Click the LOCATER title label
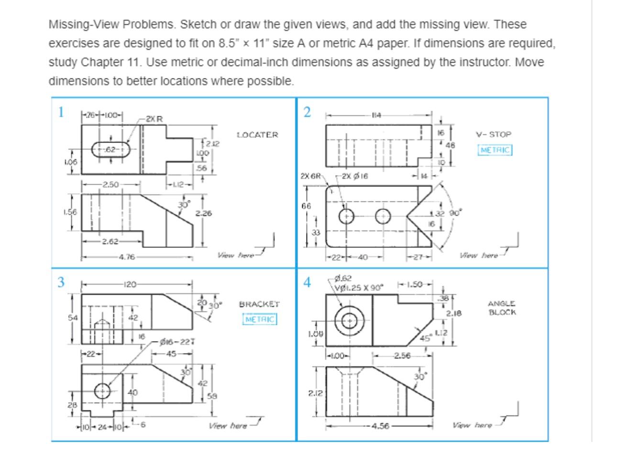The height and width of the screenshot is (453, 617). pyautogui.click(x=257, y=135)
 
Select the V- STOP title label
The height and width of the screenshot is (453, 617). pyautogui.click(x=494, y=134)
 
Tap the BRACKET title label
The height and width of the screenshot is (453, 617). pyautogui.click(x=259, y=304)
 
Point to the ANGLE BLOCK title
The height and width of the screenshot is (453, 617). pyautogui.click(x=502, y=308)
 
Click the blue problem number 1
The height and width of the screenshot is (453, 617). pyautogui.click(x=61, y=112)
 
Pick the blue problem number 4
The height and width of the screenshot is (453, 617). pyautogui.click(x=307, y=282)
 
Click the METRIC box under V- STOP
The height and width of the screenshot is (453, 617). pyautogui.click(x=495, y=150)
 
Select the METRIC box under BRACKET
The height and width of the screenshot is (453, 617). pyautogui.click(x=260, y=319)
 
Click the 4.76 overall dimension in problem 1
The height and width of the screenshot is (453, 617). pyautogui.click(x=127, y=257)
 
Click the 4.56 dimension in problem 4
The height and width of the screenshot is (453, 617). pyautogui.click(x=380, y=426)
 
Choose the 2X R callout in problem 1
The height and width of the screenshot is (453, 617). pyautogui.click(x=154, y=118)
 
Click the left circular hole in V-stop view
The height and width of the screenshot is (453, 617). pyautogui.click(x=347, y=216)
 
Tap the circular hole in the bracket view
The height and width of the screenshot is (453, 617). pyautogui.click(x=102, y=391)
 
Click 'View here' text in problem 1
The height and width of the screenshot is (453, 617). pyautogui.click(x=235, y=255)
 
